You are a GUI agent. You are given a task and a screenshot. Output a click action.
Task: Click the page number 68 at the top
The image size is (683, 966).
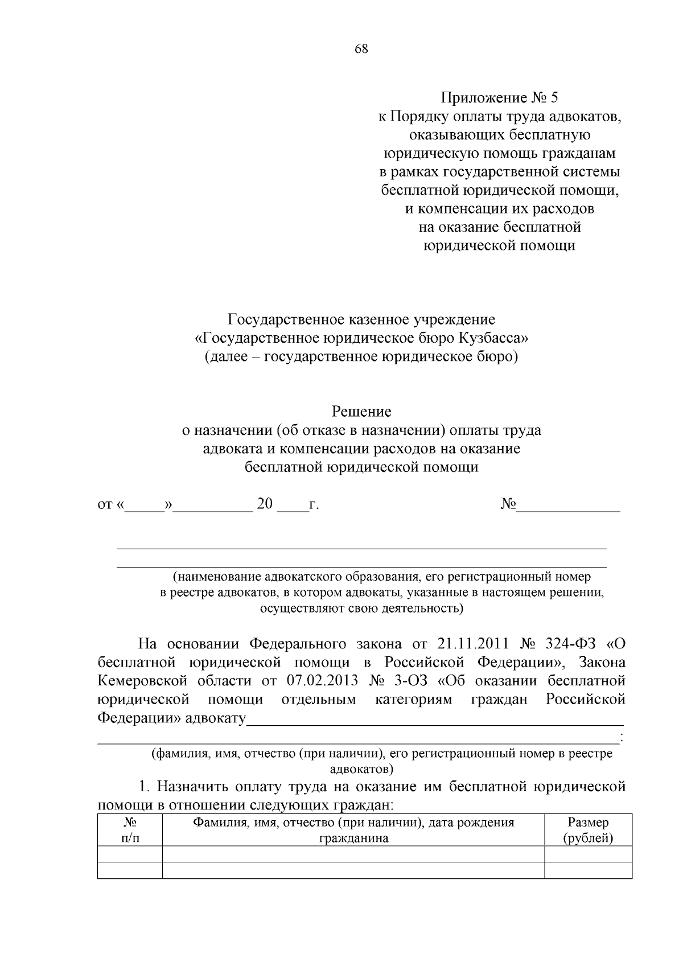pyautogui.click(x=361, y=49)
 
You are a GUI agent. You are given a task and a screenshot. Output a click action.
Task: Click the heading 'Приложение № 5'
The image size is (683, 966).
pyautogui.click(x=499, y=98)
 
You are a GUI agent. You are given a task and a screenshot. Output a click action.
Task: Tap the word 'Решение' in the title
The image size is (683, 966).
pyautogui.click(x=361, y=411)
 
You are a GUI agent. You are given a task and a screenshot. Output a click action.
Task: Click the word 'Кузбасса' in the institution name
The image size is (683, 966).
pyautogui.click(x=491, y=338)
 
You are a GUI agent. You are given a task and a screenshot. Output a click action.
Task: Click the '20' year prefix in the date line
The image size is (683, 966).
pyautogui.click(x=265, y=504)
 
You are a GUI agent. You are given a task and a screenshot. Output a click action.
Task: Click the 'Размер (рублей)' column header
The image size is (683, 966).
pyautogui.click(x=588, y=831)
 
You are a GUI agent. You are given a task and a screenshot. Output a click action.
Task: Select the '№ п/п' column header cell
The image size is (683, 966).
pyautogui.click(x=130, y=831)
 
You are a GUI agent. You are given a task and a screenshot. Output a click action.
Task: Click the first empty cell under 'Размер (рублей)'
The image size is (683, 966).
pyautogui.click(x=588, y=854)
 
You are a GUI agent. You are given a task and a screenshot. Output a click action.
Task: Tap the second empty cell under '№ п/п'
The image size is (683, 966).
pyautogui.click(x=130, y=870)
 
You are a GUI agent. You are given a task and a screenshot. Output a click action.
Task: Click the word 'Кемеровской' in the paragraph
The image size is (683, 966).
pyautogui.click(x=142, y=681)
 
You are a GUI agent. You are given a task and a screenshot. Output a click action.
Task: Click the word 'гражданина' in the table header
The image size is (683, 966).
pyautogui.click(x=353, y=838)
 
